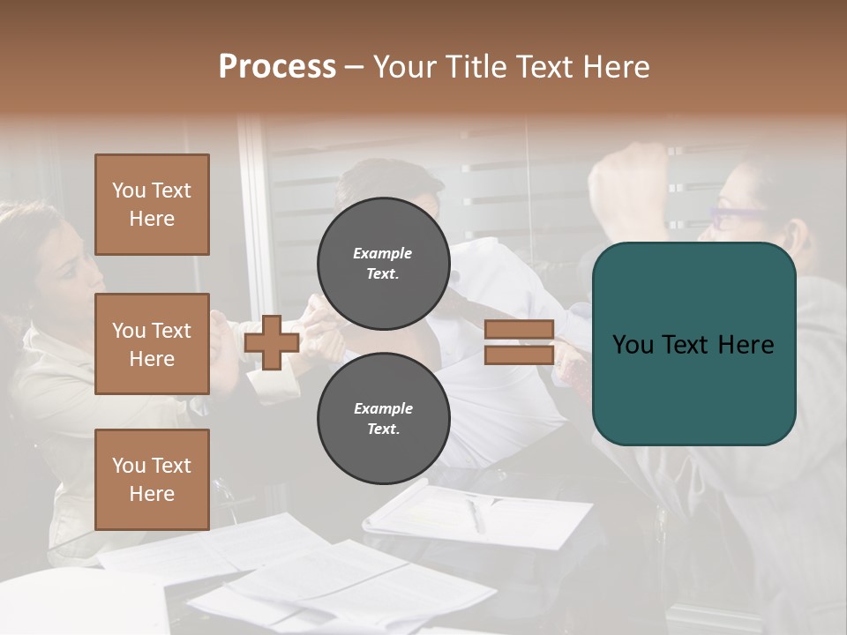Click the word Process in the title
[277, 67]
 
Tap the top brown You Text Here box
[152, 205]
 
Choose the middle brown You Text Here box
[152, 344]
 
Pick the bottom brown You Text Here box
[152, 480]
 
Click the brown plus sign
[272, 342]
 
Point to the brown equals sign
[519, 342]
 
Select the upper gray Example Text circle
[383, 263]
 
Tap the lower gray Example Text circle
[383, 418]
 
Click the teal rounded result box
[693, 344]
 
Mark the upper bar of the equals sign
[519, 330]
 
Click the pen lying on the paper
[476, 515]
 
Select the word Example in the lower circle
[383, 408]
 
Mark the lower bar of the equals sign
[519, 355]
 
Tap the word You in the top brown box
[129, 190]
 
